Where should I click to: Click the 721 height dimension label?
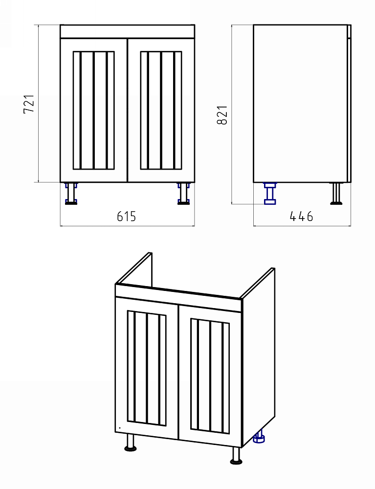point(29,104)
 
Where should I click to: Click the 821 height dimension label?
point(222,115)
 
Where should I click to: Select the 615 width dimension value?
point(127,216)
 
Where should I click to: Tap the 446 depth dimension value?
point(301,216)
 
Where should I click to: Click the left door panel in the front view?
point(93,110)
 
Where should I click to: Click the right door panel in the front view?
point(161,110)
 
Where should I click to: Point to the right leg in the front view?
point(183,194)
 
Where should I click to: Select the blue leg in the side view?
point(270,194)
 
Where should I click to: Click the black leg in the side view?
point(336,194)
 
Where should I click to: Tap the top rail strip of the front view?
point(127,31)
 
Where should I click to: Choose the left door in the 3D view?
point(147,369)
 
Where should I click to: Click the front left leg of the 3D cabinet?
point(131,442)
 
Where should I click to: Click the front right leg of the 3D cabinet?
point(236,455)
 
